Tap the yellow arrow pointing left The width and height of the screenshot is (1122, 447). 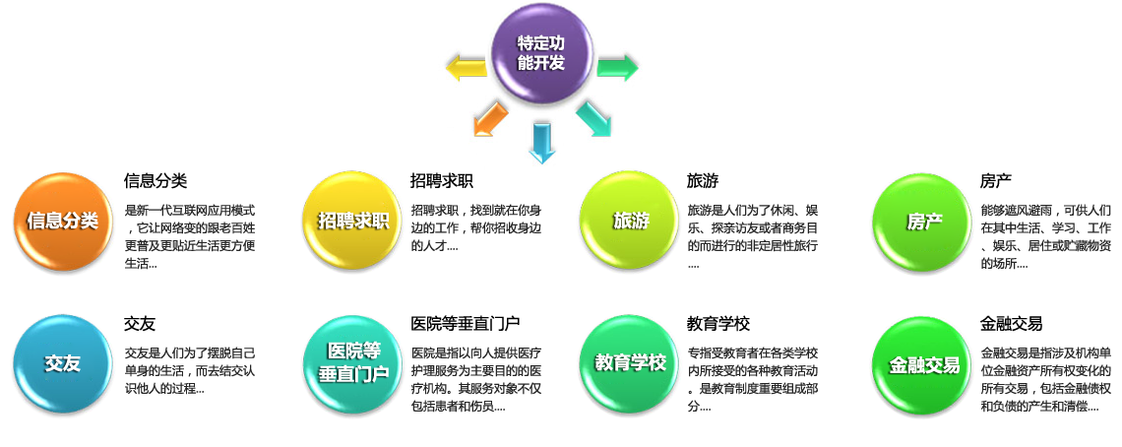466,68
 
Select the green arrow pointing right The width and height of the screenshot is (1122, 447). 617,67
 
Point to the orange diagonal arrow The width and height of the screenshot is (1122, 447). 490,118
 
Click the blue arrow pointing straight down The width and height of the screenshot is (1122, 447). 541,142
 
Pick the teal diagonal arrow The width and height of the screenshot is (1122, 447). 593,118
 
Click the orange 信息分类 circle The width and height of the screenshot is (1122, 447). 62,221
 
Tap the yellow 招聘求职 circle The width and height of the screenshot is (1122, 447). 353,221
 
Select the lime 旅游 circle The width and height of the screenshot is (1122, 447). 631,221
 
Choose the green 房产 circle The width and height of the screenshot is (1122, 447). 923,221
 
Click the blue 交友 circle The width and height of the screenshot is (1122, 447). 62,364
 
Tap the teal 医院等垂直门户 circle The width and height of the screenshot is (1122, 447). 353,364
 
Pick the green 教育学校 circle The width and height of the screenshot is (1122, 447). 631,364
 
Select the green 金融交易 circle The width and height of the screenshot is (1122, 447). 923,364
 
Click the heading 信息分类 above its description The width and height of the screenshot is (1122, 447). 156,180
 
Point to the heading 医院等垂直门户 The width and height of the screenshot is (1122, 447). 466,324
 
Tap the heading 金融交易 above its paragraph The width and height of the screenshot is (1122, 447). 1011,324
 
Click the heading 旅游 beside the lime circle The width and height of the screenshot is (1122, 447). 703,180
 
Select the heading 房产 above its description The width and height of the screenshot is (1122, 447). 995,180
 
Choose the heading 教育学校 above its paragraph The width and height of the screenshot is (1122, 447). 718,324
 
